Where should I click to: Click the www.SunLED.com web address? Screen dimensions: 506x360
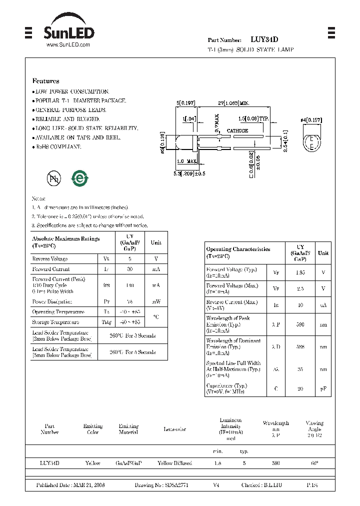[x=68, y=45]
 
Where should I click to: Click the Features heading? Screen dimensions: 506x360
[x=45, y=81]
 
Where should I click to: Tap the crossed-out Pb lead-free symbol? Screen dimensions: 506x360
[x=53, y=178]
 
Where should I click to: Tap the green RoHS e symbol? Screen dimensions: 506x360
[x=79, y=178]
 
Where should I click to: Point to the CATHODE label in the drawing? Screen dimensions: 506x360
[x=237, y=130]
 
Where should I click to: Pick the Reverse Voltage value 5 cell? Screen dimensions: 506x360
[x=129, y=259]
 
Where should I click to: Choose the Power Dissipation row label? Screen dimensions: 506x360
[x=52, y=302]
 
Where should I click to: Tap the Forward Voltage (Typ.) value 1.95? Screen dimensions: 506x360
[x=300, y=273]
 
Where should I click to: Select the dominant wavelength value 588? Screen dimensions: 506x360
[x=300, y=346]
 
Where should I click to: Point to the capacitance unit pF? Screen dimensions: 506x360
[x=323, y=388]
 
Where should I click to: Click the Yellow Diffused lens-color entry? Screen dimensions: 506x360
[x=174, y=463]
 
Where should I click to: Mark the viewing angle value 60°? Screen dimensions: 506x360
[x=314, y=463]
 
